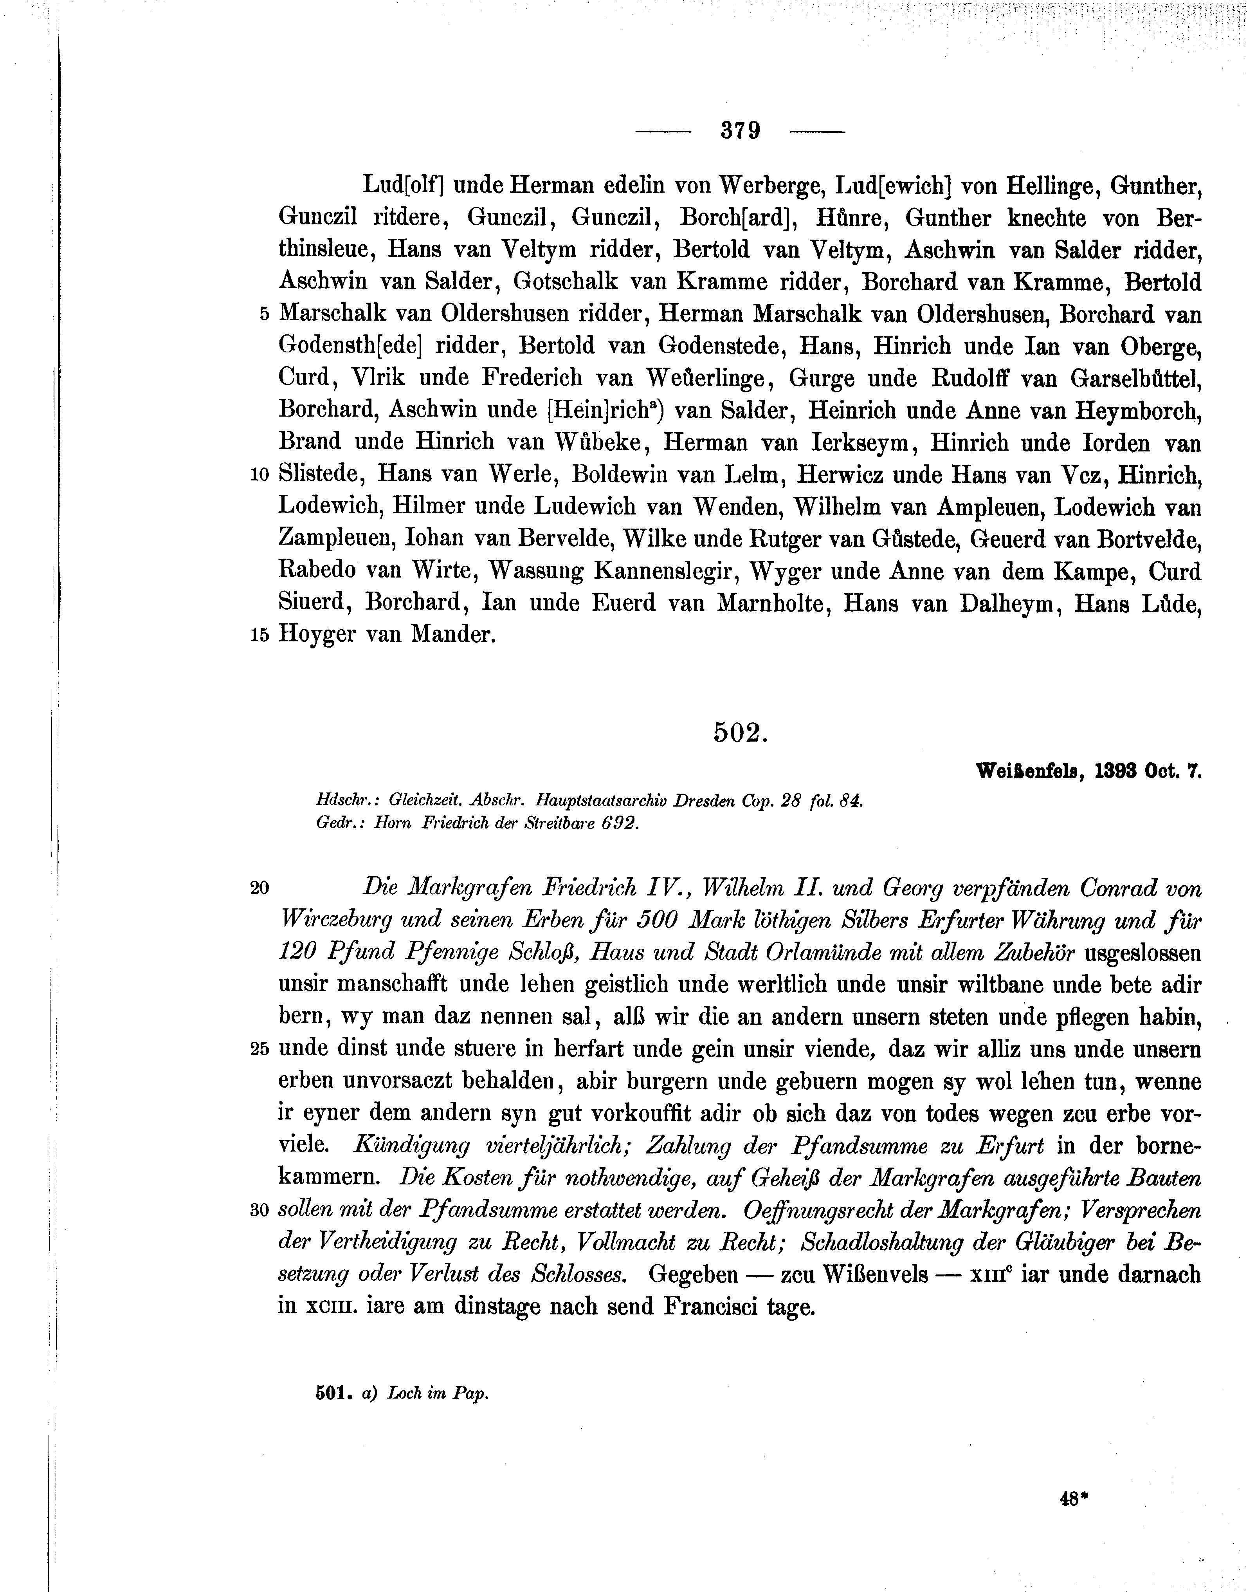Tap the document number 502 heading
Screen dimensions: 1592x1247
click(740, 733)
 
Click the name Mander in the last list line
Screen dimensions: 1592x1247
click(453, 635)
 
